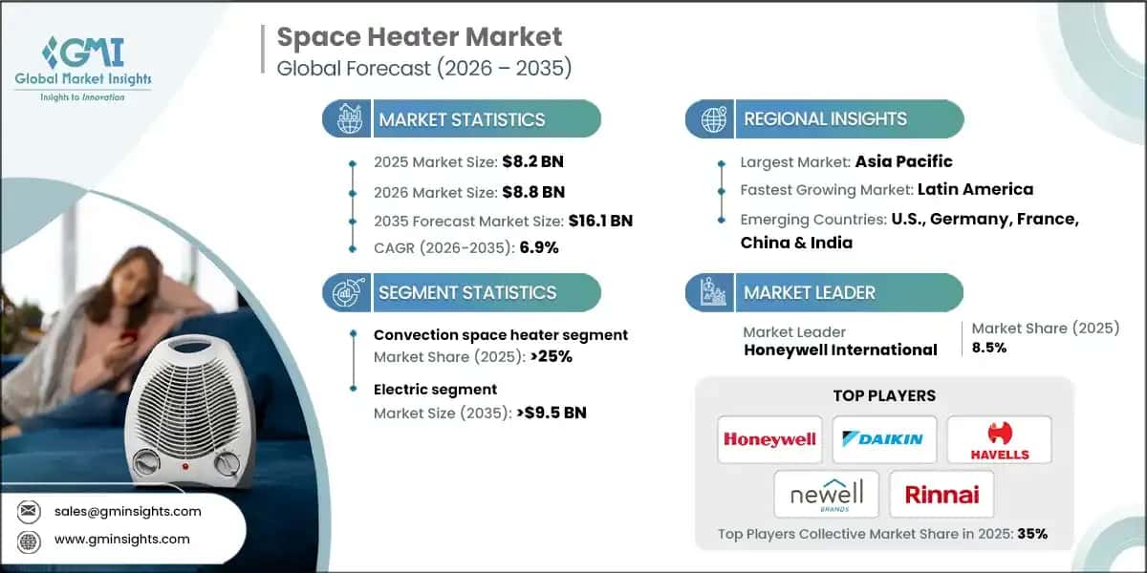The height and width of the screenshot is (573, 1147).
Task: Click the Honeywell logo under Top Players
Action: tap(769, 439)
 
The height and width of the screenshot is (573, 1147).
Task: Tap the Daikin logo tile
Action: tap(883, 439)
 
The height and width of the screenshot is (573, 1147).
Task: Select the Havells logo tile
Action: tap(999, 439)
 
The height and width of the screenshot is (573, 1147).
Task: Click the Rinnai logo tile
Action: tap(941, 494)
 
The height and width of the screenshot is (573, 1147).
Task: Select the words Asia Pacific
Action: tap(903, 161)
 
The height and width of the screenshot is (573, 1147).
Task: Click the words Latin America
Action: tap(975, 189)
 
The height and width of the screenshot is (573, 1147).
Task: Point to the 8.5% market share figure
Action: tap(989, 348)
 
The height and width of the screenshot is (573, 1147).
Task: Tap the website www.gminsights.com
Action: tap(122, 539)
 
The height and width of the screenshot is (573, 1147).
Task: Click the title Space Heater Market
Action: tap(420, 37)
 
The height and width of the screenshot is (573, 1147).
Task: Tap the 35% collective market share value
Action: tap(1032, 534)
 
